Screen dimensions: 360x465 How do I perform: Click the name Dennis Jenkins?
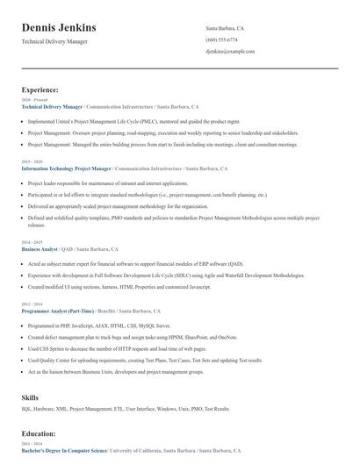(x=59, y=27)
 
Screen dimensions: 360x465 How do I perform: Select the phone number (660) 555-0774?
(x=221, y=39)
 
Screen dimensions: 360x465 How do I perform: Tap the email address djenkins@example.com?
(x=230, y=51)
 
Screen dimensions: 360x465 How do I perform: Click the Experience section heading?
(x=40, y=89)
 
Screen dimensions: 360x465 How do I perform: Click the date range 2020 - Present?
(x=31, y=100)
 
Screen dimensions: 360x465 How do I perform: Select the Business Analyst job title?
(x=40, y=249)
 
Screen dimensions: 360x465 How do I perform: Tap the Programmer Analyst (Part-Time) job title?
(x=59, y=311)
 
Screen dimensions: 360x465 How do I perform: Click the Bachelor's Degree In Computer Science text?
(x=64, y=450)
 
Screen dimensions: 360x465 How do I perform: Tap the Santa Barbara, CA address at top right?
(x=225, y=28)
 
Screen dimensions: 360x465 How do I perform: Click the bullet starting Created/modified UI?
(x=119, y=286)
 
